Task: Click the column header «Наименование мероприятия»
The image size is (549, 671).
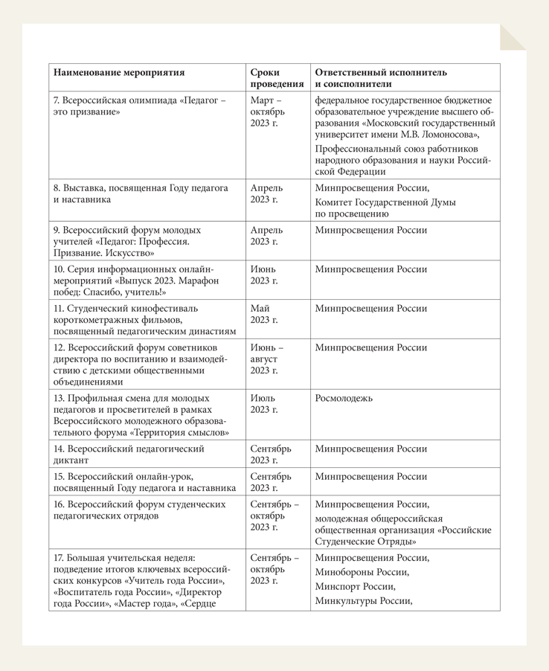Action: pos(119,73)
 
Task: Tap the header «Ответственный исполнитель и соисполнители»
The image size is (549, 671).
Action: pos(381,78)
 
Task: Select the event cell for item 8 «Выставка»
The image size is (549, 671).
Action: pos(141,194)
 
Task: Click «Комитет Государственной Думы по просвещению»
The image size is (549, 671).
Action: pos(385,208)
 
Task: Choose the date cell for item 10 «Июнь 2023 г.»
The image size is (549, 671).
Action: pos(264,274)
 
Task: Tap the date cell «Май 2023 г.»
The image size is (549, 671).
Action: pos(264,314)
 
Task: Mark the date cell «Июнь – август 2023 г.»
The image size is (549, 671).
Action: pos(267,359)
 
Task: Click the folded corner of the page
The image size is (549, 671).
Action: pos(513,37)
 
